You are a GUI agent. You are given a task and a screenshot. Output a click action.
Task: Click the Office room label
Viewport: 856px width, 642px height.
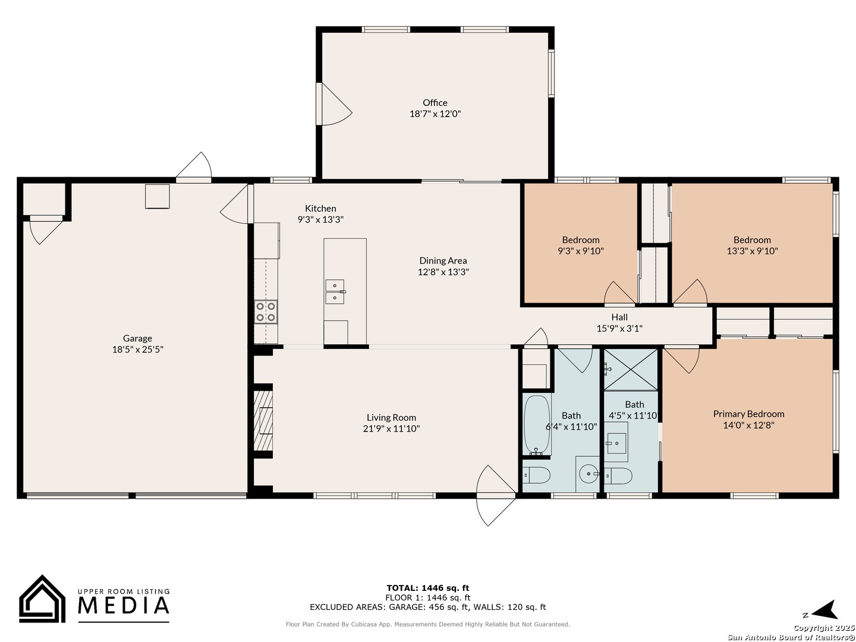click(435, 102)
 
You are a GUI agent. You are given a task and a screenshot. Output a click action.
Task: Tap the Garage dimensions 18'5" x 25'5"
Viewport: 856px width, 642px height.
click(138, 350)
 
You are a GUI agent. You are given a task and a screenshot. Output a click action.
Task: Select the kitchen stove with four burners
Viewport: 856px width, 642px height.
click(266, 312)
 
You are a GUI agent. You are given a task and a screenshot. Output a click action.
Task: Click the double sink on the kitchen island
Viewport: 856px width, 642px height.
click(335, 291)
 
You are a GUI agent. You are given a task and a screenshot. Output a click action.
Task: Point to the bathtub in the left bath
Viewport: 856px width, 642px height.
click(537, 425)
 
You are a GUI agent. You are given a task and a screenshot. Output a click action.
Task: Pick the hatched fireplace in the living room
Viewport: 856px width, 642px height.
click(263, 421)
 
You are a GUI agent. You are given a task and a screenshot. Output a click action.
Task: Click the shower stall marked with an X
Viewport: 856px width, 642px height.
click(631, 370)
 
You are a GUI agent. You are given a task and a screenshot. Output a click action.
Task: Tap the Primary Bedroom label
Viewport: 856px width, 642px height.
click(748, 414)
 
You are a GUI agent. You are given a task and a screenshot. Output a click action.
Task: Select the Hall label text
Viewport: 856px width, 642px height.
click(619, 317)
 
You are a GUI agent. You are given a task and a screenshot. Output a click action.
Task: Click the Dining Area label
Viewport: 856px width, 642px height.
click(443, 260)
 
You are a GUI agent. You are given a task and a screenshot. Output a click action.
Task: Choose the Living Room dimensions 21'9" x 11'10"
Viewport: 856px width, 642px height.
click(391, 429)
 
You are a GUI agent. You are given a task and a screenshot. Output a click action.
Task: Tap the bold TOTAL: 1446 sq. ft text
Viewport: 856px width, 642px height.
click(428, 588)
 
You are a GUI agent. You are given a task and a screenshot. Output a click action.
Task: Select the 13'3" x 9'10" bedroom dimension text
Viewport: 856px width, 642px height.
click(752, 251)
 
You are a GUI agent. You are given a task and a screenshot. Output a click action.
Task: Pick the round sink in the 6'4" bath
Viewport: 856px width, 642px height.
click(587, 474)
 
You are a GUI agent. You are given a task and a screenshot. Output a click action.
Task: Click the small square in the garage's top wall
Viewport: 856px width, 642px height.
click(157, 196)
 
